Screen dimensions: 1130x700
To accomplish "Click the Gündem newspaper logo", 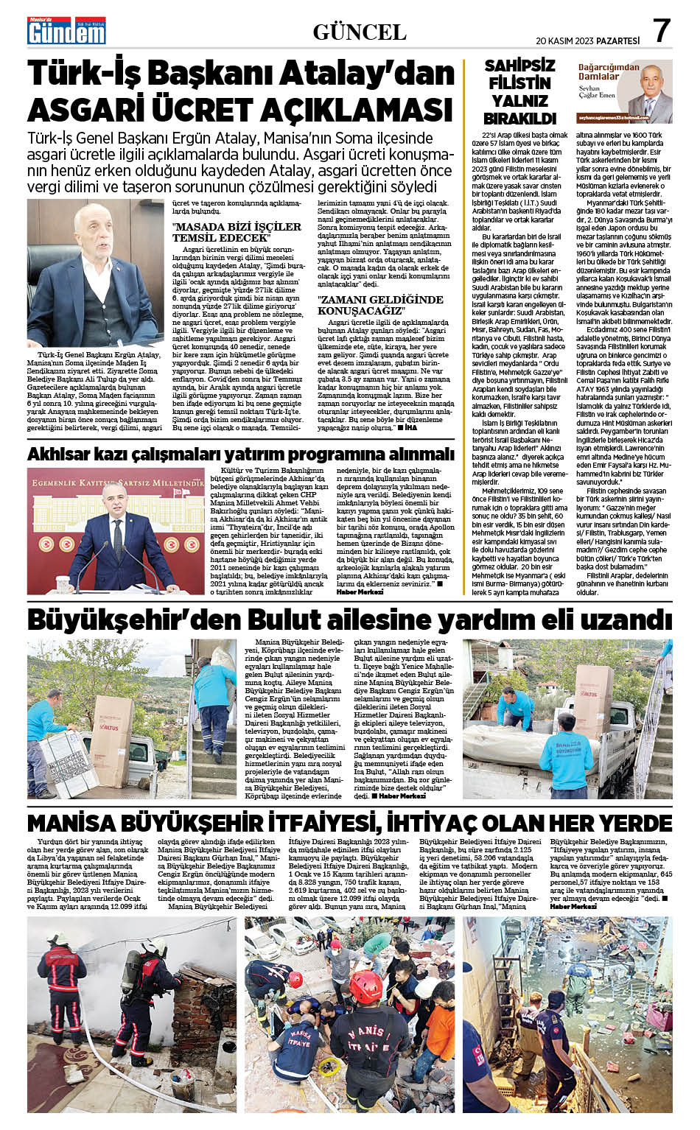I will point(66,30).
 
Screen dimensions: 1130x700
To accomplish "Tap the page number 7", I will point(661,31).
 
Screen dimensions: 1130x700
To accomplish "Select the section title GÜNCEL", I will point(360,32).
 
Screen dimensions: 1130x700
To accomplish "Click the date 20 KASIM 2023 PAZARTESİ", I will point(587,41).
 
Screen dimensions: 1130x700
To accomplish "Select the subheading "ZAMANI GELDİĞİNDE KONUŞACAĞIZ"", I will point(380,305).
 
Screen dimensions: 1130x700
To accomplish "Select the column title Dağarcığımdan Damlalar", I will point(608,71).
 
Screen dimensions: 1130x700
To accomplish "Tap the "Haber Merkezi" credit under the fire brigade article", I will point(573,906).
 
